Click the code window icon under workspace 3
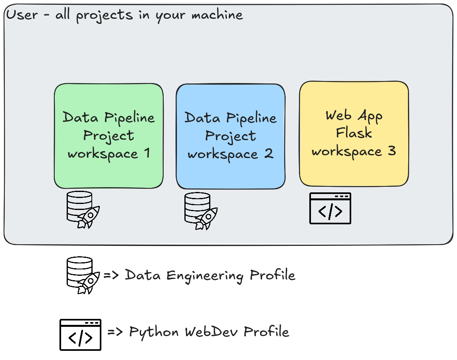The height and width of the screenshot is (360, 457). pyautogui.click(x=330, y=208)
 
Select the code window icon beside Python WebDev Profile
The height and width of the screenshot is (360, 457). pyautogui.click(x=80, y=335)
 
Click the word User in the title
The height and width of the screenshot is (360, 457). pyautogui.click(x=22, y=15)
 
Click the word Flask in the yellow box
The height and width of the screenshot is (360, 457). pyautogui.click(x=354, y=133)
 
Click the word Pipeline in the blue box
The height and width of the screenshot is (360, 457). pyautogui.click(x=251, y=118)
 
